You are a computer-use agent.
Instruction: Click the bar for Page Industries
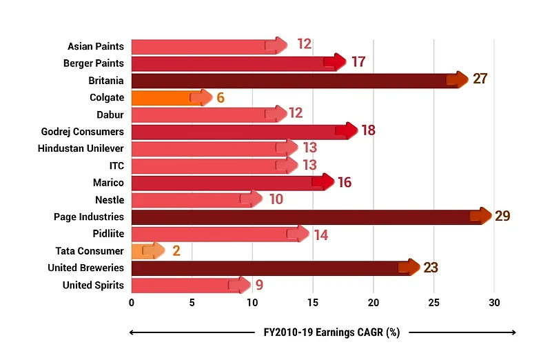(303, 217)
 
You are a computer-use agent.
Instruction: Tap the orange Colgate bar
(165, 97)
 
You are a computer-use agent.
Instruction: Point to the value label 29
(502, 217)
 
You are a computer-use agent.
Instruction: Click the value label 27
(480, 79)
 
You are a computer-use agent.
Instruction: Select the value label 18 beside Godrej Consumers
(368, 131)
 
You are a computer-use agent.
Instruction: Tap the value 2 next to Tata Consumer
(176, 251)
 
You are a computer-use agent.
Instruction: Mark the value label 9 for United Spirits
(259, 285)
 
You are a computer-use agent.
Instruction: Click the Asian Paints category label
(96, 46)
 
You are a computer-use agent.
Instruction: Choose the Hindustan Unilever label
(81, 148)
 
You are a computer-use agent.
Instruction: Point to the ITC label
(116, 166)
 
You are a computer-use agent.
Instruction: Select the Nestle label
(110, 200)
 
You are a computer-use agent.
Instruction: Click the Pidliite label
(108, 234)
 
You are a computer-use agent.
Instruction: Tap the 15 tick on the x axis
(313, 303)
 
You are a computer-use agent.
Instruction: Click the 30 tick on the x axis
(494, 303)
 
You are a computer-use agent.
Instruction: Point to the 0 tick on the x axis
(132, 303)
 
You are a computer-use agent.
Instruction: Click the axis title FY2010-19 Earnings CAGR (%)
(323, 332)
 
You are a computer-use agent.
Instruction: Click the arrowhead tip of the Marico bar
(334, 183)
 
